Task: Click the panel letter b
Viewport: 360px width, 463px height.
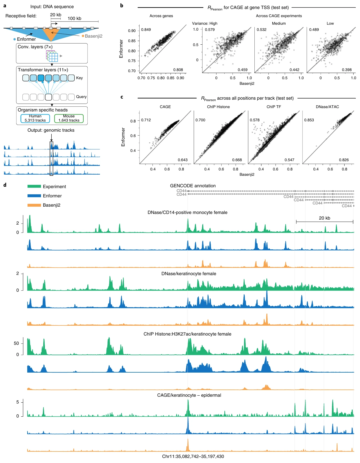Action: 122,6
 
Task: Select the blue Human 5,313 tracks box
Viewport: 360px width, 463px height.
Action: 35,118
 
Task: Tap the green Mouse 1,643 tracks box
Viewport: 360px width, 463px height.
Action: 69,118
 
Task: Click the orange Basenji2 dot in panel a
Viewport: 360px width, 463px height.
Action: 83,36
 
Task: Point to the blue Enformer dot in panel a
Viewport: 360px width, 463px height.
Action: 15,39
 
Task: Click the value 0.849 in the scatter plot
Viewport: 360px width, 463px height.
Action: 146,29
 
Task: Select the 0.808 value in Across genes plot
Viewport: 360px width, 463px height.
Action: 178,70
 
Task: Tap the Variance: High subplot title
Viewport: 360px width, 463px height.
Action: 205,23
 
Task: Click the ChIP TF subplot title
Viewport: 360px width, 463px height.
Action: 274,107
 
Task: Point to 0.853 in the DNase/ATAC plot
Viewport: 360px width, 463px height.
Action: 309,120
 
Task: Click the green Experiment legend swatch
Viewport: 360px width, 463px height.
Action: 34,186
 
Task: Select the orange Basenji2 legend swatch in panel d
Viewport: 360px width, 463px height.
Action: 34,205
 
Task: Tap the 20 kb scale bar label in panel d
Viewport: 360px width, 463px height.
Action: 324,218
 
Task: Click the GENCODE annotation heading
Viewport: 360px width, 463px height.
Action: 193,186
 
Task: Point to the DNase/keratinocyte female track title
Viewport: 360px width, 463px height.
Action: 189,273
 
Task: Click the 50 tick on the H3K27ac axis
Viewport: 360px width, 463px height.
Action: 16,343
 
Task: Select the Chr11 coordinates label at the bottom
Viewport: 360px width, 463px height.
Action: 193,456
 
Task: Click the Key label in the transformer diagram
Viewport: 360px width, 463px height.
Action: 79,78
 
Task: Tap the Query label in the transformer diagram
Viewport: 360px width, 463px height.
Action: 81,97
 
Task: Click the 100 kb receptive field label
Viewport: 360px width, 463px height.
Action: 74,19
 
